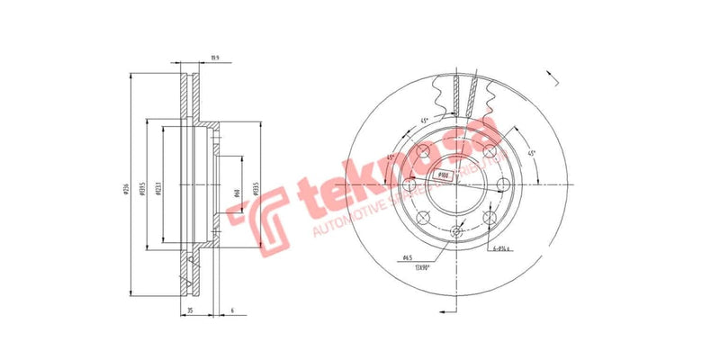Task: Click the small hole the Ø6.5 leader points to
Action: coord(454,233)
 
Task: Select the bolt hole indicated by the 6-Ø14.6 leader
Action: coord(489,217)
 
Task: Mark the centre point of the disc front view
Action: coord(454,184)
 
